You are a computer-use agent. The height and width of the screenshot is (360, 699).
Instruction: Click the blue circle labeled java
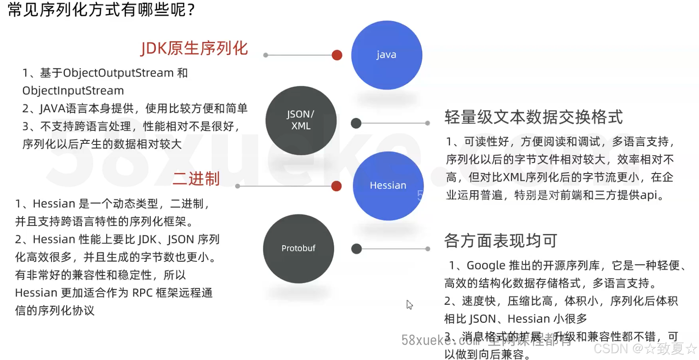pos(386,55)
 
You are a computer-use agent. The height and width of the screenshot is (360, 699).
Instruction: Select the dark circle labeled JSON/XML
pos(301,120)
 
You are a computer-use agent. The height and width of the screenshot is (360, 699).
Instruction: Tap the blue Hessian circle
pos(388,186)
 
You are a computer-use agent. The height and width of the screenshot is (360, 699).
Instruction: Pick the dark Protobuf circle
pos(298,248)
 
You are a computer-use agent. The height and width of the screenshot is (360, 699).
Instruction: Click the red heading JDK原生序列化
pos(194,48)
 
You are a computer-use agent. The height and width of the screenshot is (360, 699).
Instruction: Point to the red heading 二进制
pos(196,179)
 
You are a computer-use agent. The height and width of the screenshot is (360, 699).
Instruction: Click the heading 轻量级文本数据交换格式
pos(534,117)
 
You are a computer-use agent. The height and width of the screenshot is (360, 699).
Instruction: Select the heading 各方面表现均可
pos(500,241)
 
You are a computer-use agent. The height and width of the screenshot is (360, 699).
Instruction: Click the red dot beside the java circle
pos(337,55)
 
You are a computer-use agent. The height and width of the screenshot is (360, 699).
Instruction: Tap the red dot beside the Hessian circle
pos(336,186)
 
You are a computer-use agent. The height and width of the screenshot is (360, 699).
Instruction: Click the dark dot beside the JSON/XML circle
pos(356,123)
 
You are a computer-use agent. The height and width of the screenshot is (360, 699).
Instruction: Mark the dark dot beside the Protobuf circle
pos(356,249)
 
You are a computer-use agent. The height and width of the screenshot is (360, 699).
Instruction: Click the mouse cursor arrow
pos(409,304)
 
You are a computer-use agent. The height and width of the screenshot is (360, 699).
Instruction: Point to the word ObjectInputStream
pos(73,91)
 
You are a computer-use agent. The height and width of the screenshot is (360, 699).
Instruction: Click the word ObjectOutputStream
pos(118,73)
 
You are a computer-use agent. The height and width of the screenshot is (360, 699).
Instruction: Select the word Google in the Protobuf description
pos(486,265)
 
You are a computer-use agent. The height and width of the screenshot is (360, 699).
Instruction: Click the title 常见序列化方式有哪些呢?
pos(101,10)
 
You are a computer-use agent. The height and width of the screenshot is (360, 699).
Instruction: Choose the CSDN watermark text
pos(644,348)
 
